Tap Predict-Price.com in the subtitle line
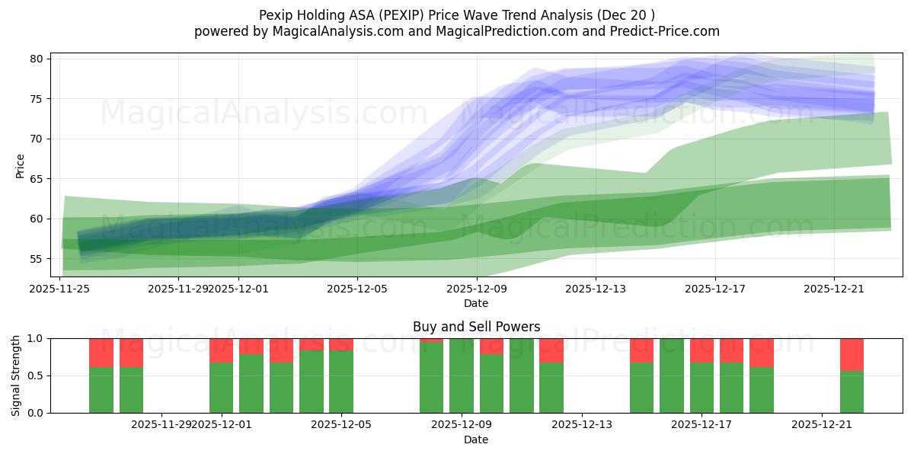pos(664,31)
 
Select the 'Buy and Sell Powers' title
pos(476,327)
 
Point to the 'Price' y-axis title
pos(21,166)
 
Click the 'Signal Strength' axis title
pos(16,376)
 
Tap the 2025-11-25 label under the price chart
pos(60,289)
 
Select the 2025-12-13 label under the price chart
pos(596,289)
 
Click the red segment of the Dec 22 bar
pos(852,354)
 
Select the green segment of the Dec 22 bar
pos(852,391)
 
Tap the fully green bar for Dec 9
pos(462,376)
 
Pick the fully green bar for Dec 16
pos(672,376)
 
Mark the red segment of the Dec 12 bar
pos(551,350)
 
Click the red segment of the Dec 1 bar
pos(221,350)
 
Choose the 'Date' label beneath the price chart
pos(476,304)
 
